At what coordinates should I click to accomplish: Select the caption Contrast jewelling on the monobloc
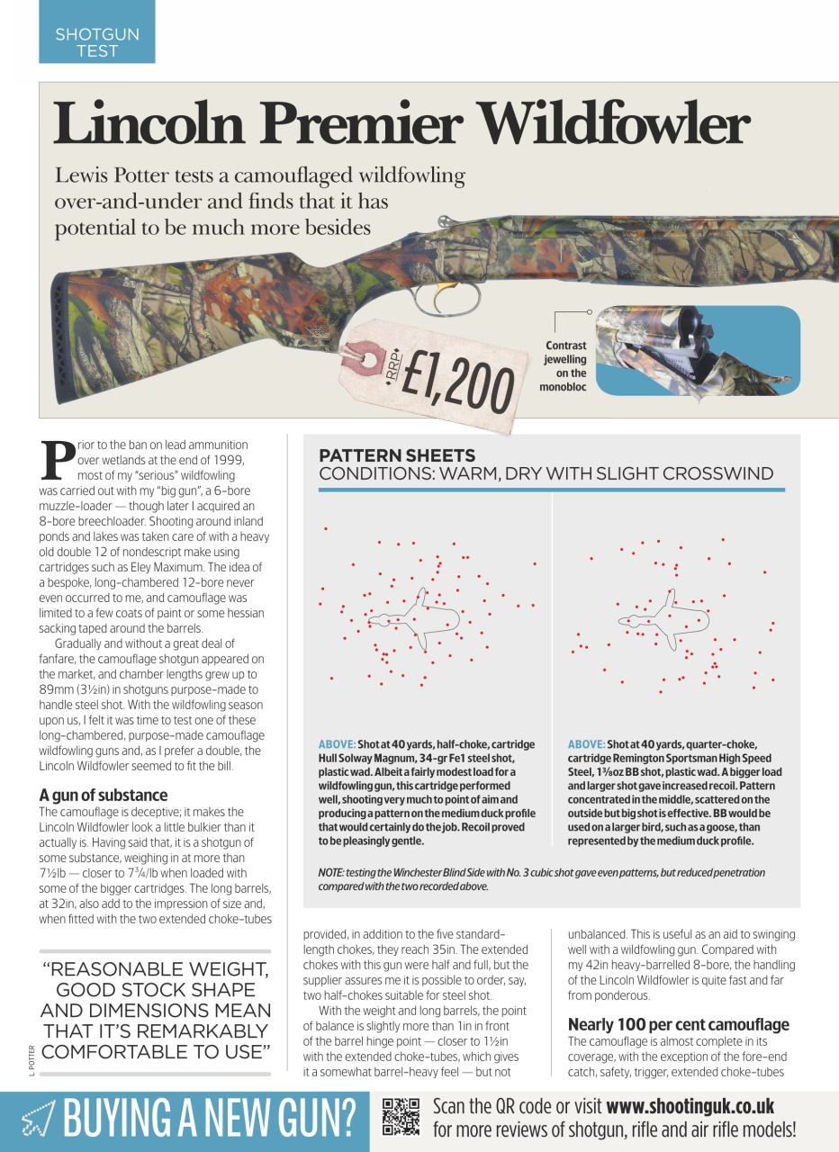564,366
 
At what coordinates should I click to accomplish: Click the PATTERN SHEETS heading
397,456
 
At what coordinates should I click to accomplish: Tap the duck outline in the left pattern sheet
414,618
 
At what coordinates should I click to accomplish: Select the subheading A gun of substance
103,795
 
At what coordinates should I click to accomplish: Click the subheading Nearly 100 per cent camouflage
678,1024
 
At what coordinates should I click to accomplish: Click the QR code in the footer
401,1117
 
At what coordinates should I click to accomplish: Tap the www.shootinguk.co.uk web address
690,1106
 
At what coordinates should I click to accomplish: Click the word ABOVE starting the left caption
336,744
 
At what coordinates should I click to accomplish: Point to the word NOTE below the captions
333,873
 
